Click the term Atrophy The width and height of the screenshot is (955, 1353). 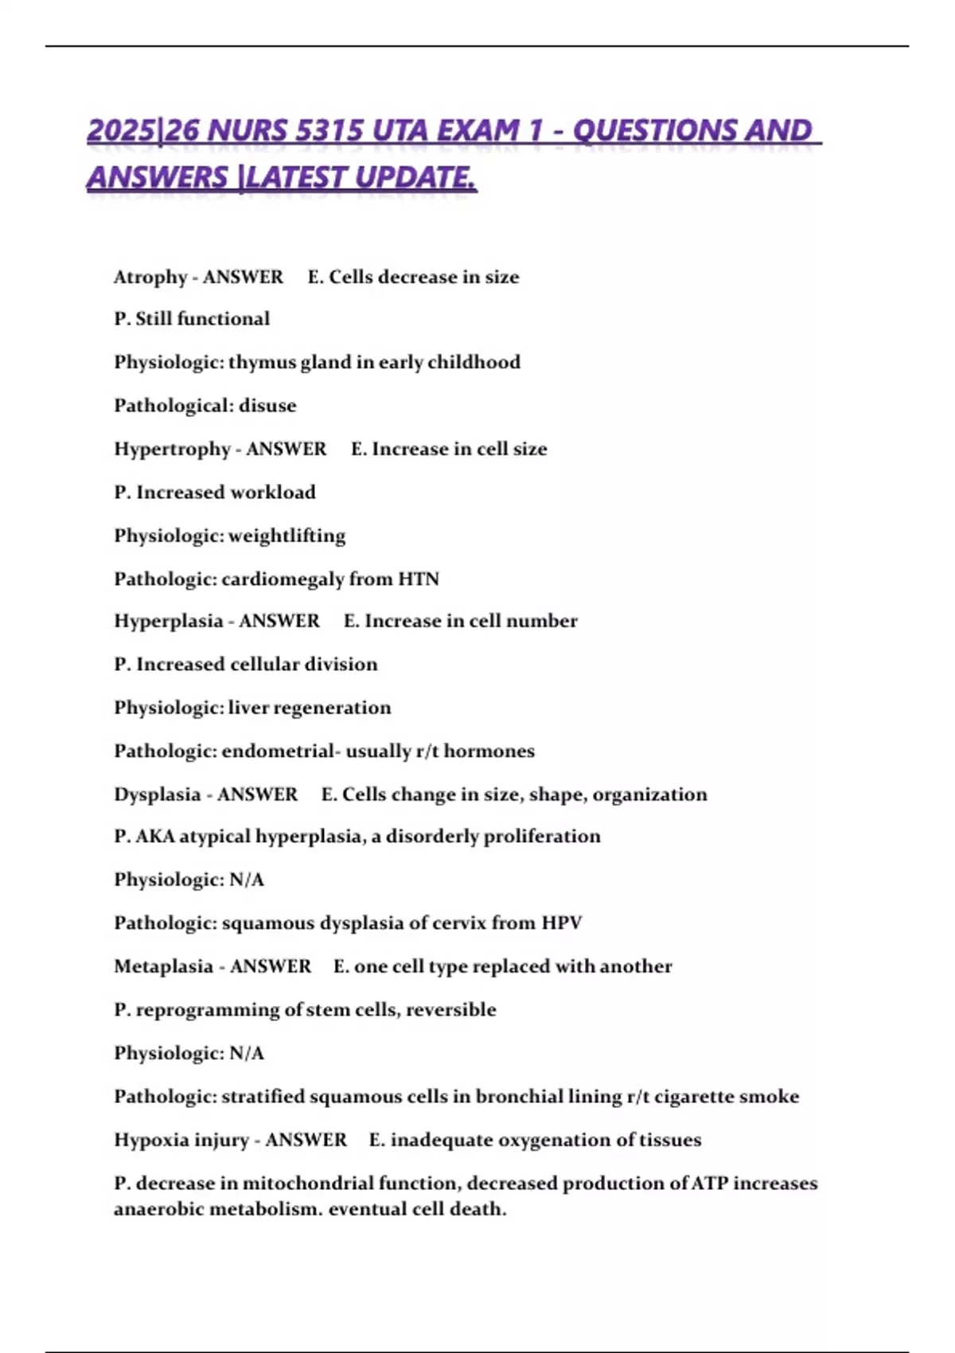click(150, 277)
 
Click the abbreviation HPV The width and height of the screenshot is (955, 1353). click(562, 923)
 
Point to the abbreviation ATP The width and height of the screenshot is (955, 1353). click(708, 1183)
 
